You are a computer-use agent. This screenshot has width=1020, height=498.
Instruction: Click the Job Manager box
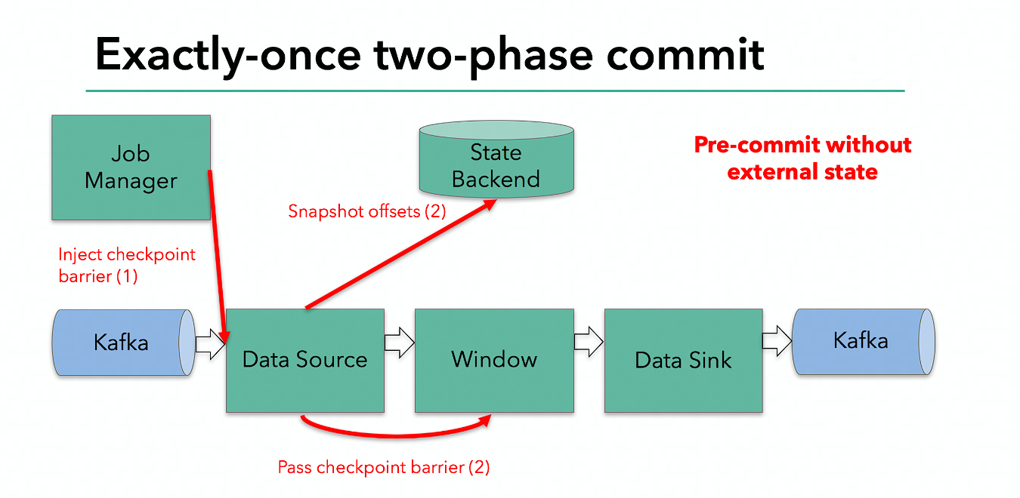(131, 167)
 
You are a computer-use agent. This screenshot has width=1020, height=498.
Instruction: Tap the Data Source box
(304, 360)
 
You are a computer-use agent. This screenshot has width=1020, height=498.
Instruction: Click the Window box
(494, 360)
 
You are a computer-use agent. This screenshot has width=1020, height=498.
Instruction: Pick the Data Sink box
(683, 360)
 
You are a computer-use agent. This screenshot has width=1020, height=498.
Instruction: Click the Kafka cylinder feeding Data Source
(121, 343)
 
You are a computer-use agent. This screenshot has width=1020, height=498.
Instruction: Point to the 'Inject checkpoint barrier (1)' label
(126, 265)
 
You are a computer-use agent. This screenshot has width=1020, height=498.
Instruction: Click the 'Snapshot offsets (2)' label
(367, 211)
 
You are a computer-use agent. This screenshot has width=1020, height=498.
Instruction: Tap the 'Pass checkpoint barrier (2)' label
(384, 467)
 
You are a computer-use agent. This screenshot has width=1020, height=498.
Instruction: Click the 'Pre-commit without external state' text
(802, 158)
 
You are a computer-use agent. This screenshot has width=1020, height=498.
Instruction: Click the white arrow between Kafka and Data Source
(211, 344)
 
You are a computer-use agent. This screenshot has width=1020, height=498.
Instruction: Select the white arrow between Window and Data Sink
(589, 343)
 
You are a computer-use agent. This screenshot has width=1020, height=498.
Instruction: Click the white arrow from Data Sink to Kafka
(777, 342)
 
